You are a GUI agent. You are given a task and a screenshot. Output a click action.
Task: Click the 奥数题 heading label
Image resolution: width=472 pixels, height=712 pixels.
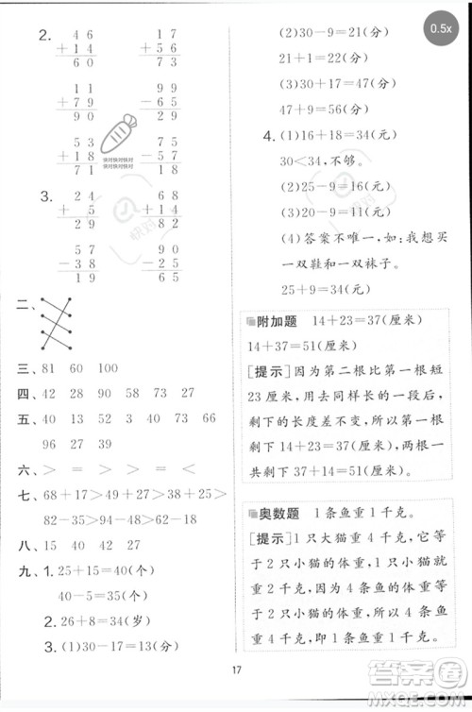point(275,514)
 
